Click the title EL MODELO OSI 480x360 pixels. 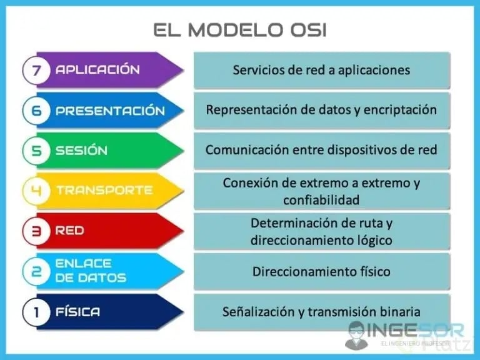(240, 29)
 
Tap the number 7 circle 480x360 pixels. (37, 70)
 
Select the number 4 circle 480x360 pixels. (37, 191)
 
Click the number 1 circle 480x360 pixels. (37, 311)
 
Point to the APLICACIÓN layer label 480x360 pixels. (97, 70)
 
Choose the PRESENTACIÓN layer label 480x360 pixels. (110, 111)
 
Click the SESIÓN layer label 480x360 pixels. (81, 151)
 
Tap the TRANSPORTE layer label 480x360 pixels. (104, 191)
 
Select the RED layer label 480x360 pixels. (69, 231)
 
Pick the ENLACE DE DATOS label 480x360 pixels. (91, 271)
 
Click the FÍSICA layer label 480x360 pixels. (77, 311)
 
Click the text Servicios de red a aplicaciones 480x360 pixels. (321, 69)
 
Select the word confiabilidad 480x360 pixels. (321, 200)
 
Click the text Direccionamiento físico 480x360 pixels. (321, 271)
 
